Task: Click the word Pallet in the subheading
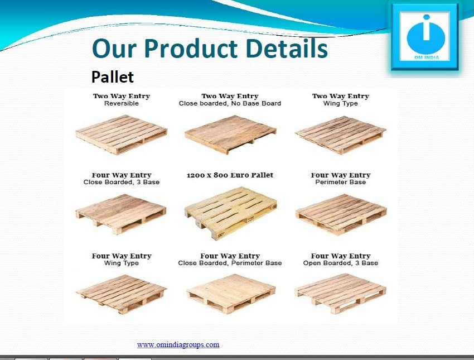coord(113,77)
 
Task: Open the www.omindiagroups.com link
coord(178,344)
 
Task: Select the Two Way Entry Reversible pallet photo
coord(121,135)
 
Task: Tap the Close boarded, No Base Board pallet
coord(230,134)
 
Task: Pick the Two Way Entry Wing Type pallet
coord(340,135)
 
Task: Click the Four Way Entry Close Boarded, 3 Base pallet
coord(121,214)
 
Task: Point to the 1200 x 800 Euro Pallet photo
coord(231,213)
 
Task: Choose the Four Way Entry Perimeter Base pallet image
coord(341,214)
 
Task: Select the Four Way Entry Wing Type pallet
coord(121,294)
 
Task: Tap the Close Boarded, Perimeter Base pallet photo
coord(231,294)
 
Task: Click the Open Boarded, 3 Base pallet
coord(340,294)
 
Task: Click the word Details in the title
coord(287,48)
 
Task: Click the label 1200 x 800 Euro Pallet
coord(230,175)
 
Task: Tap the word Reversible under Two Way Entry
coord(122,103)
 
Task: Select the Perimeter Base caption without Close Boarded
coord(340,182)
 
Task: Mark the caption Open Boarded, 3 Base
coord(340,263)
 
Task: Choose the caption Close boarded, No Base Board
coord(230,103)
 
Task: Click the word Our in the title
coord(114,49)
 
